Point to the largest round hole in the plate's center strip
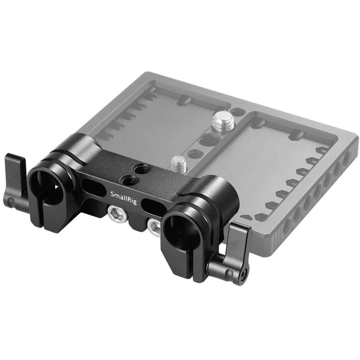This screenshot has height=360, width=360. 209,140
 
